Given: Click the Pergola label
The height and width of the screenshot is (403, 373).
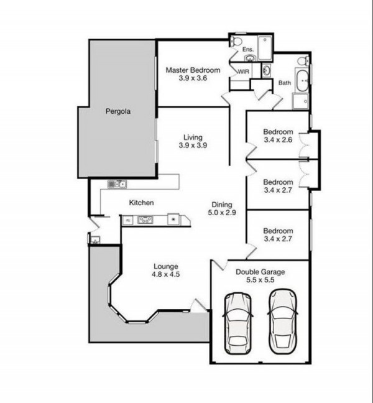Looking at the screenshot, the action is pyautogui.click(x=118, y=111).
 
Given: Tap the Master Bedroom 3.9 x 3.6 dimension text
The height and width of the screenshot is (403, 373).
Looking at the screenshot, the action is pyautogui.click(x=193, y=78).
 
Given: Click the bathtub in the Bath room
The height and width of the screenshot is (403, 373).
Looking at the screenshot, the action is pyautogui.click(x=303, y=80).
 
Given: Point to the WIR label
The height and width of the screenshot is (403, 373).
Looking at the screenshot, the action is pyautogui.click(x=243, y=72).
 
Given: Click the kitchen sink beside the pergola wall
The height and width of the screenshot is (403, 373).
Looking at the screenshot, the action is pyautogui.click(x=117, y=184).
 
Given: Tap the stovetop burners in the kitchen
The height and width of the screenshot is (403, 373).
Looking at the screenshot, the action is pyautogui.click(x=145, y=220).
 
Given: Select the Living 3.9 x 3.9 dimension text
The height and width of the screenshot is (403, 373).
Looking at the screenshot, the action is pyautogui.click(x=193, y=145).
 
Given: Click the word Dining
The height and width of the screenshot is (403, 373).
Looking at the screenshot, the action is pyautogui.click(x=222, y=205).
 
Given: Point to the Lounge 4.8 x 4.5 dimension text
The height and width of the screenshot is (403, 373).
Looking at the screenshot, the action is pyautogui.click(x=166, y=274).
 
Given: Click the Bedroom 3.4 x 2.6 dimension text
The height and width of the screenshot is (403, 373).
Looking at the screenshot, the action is pyautogui.click(x=278, y=140).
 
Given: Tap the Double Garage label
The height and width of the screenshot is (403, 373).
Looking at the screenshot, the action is pyautogui.click(x=260, y=272).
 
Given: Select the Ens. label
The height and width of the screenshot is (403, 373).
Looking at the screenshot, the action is pyautogui.click(x=248, y=49).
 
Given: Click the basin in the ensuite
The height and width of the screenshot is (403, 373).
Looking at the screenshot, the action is pyautogui.click(x=250, y=59).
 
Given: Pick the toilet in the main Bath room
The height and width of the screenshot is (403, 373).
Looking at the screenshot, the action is pyautogui.click(x=304, y=61).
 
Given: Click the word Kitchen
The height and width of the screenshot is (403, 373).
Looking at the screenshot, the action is pyautogui.click(x=141, y=203).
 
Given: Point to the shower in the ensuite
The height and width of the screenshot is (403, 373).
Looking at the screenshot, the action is pyautogui.click(x=264, y=48).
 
